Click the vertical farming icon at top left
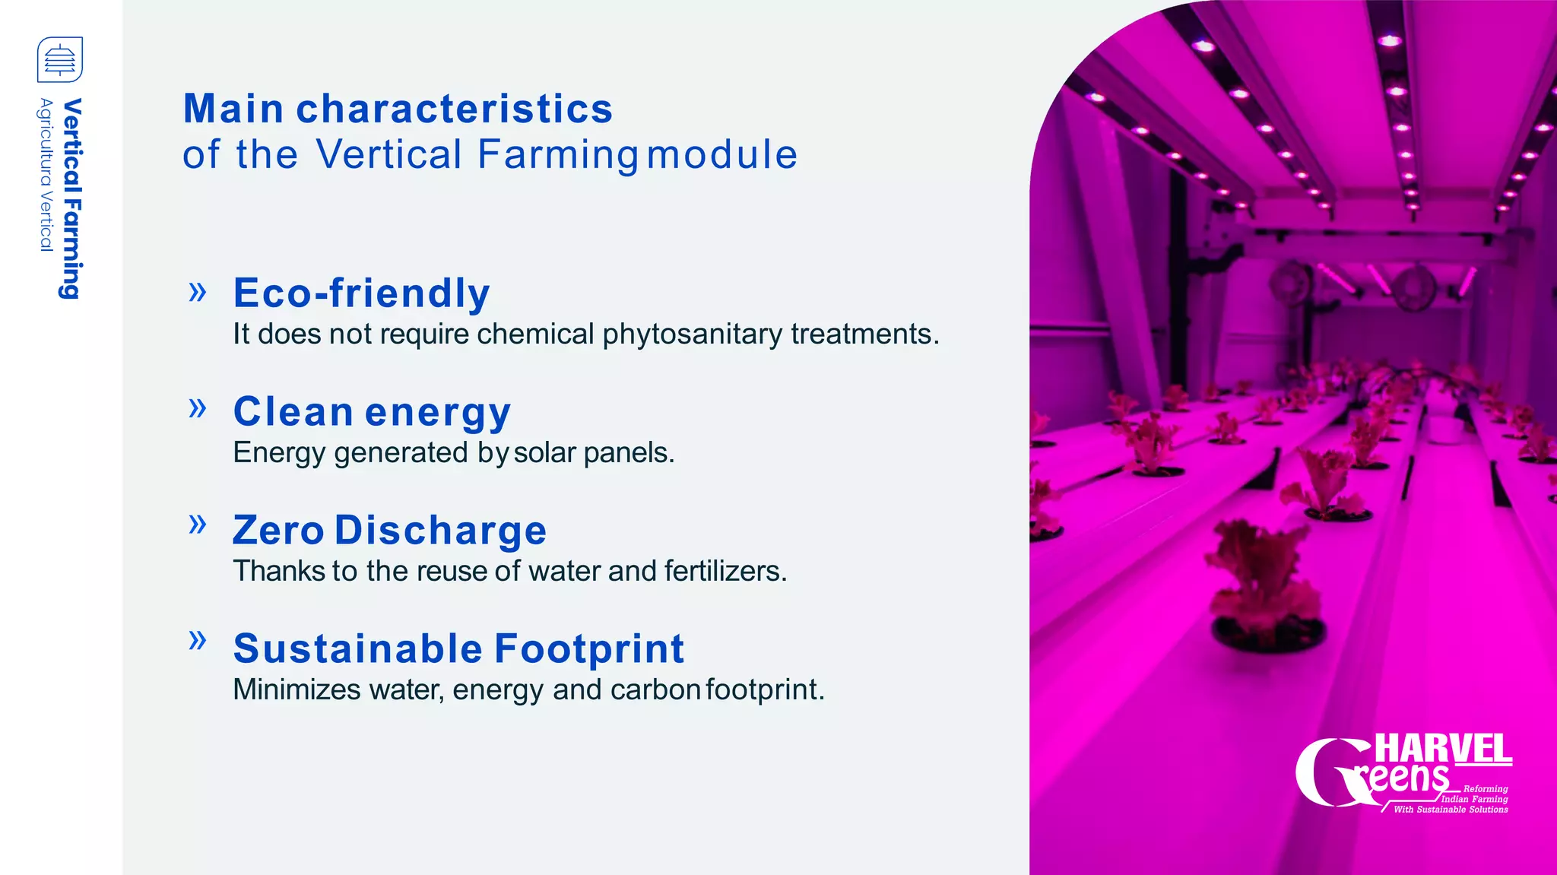pyautogui.click(x=60, y=59)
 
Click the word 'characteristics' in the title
pyautogui.click(x=454, y=109)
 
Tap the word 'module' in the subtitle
pyautogui.click(x=721, y=154)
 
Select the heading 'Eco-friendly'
pyautogui.click(x=361, y=293)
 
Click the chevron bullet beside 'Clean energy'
pyautogui.click(x=198, y=408)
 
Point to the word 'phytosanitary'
pyautogui.click(x=692, y=334)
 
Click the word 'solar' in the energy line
pyautogui.click(x=544, y=453)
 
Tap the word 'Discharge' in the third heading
pyautogui.click(x=440, y=530)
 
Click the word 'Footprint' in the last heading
pyautogui.click(x=589, y=648)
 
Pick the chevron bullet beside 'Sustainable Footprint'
pyautogui.click(x=198, y=640)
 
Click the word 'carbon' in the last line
pyautogui.click(x=655, y=690)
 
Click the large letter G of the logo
pyautogui.click(x=1327, y=772)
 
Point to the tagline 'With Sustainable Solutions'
pyautogui.click(x=1451, y=810)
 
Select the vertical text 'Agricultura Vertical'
pyautogui.click(x=46, y=174)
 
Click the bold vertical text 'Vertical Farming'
pyautogui.click(x=71, y=198)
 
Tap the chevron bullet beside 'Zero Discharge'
pyautogui.click(x=198, y=524)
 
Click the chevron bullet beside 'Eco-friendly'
pyautogui.click(x=198, y=292)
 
